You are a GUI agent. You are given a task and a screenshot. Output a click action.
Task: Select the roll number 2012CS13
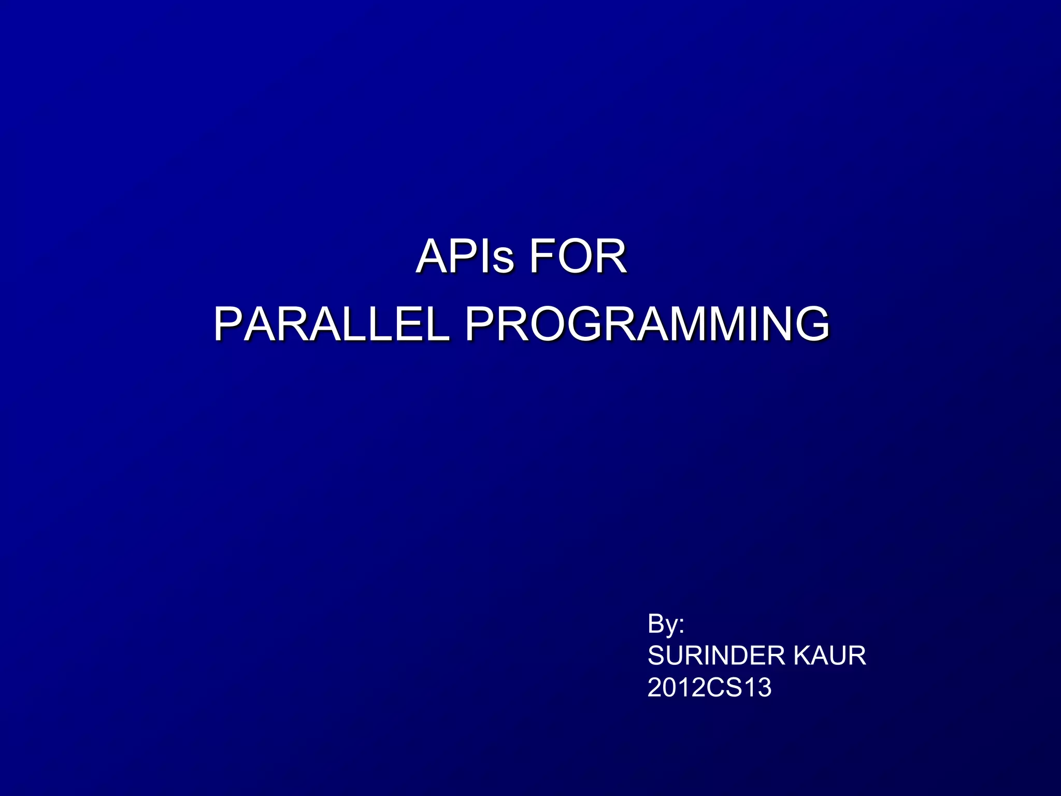[x=709, y=688]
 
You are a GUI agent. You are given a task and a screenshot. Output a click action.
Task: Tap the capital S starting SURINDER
[x=656, y=656]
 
